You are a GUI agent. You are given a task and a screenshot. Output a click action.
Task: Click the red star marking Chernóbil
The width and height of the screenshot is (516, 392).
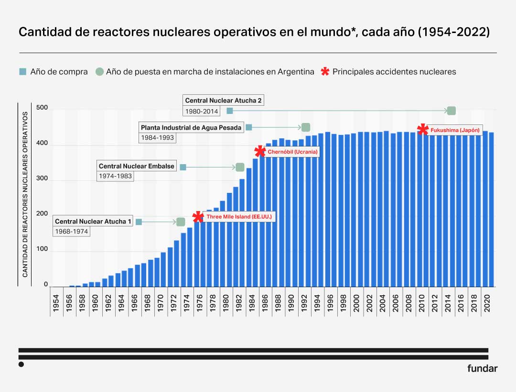click(x=260, y=152)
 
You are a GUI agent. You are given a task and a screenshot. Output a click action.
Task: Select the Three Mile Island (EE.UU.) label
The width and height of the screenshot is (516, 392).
click(x=239, y=217)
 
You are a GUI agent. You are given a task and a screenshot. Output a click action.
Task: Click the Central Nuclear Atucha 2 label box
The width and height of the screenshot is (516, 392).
click(x=223, y=101)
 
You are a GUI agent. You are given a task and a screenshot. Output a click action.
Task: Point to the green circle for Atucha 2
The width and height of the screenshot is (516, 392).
click(x=451, y=111)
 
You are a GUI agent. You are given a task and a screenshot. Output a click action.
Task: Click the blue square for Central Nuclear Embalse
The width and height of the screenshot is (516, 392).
click(x=183, y=167)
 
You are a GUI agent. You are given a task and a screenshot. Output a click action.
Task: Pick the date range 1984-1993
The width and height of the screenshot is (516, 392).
click(x=157, y=138)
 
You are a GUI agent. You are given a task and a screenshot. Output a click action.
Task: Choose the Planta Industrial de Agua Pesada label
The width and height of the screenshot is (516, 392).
click(x=191, y=128)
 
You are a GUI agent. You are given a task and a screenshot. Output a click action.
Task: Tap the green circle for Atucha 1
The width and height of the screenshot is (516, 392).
click(x=181, y=222)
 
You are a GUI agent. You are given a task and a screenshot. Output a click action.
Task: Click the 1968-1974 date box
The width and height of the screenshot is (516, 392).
click(x=72, y=232)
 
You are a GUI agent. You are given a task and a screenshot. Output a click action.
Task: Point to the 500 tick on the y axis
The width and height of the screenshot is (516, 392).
click(x=42, y=108)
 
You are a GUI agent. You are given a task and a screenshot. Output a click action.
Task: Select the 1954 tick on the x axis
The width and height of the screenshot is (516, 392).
click(x=56, y=303)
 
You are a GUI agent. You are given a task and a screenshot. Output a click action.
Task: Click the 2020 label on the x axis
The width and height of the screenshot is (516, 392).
click(x=487, y=303)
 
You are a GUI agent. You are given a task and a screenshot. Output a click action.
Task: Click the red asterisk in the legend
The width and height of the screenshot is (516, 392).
click(x=325, y=72)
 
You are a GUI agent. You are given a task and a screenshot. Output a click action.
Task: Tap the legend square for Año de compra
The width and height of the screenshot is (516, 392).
click(x=22, y=72)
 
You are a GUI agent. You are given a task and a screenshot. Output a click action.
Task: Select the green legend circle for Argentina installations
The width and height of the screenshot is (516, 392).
click(x=99, y=72)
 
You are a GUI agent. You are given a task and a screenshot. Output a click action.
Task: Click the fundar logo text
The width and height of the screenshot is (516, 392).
click(x=482, y=369)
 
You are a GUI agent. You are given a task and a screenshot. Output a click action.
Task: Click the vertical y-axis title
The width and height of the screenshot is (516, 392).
click(x=25, y=194)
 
